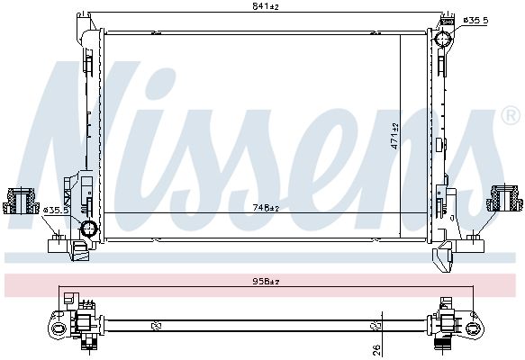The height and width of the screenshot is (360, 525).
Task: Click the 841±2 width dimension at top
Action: pyautogui.click(x=266, y=6)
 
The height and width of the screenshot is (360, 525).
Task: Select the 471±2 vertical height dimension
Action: pyautogui.click(x=395, y=136)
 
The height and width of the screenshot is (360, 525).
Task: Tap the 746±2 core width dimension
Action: pyautogui.click(x=266, y=208)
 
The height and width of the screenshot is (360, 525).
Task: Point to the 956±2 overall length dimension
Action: pyautogui.click(x=266, y=282)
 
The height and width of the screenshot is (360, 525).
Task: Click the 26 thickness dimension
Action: pyautogui.click(x=376, y=349)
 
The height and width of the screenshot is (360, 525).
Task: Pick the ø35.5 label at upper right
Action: pyautogui.click(x=475, y=21)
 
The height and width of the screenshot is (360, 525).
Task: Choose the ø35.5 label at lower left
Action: pyautogui.click(x=56, y=211)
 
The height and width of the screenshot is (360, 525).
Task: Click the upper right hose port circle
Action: pyautogui.click(x=443, y=39)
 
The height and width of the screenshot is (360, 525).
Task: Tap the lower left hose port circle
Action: pyautogui.click(x=89, y=229)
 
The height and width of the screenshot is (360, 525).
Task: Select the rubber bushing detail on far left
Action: pyautogui.click(x=21, y=201)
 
